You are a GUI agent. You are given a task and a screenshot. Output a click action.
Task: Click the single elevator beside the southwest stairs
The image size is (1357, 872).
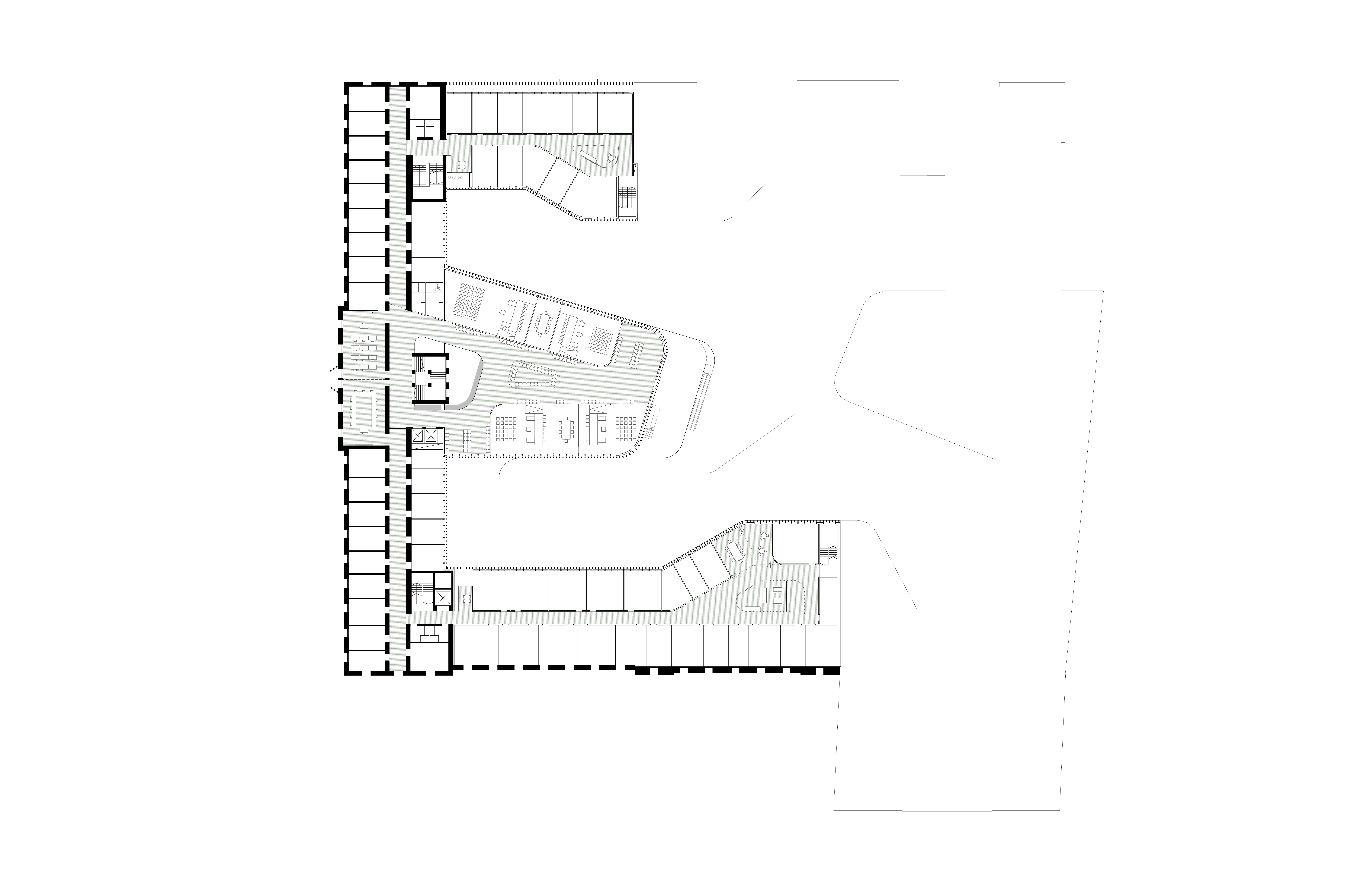pos(443,598)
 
